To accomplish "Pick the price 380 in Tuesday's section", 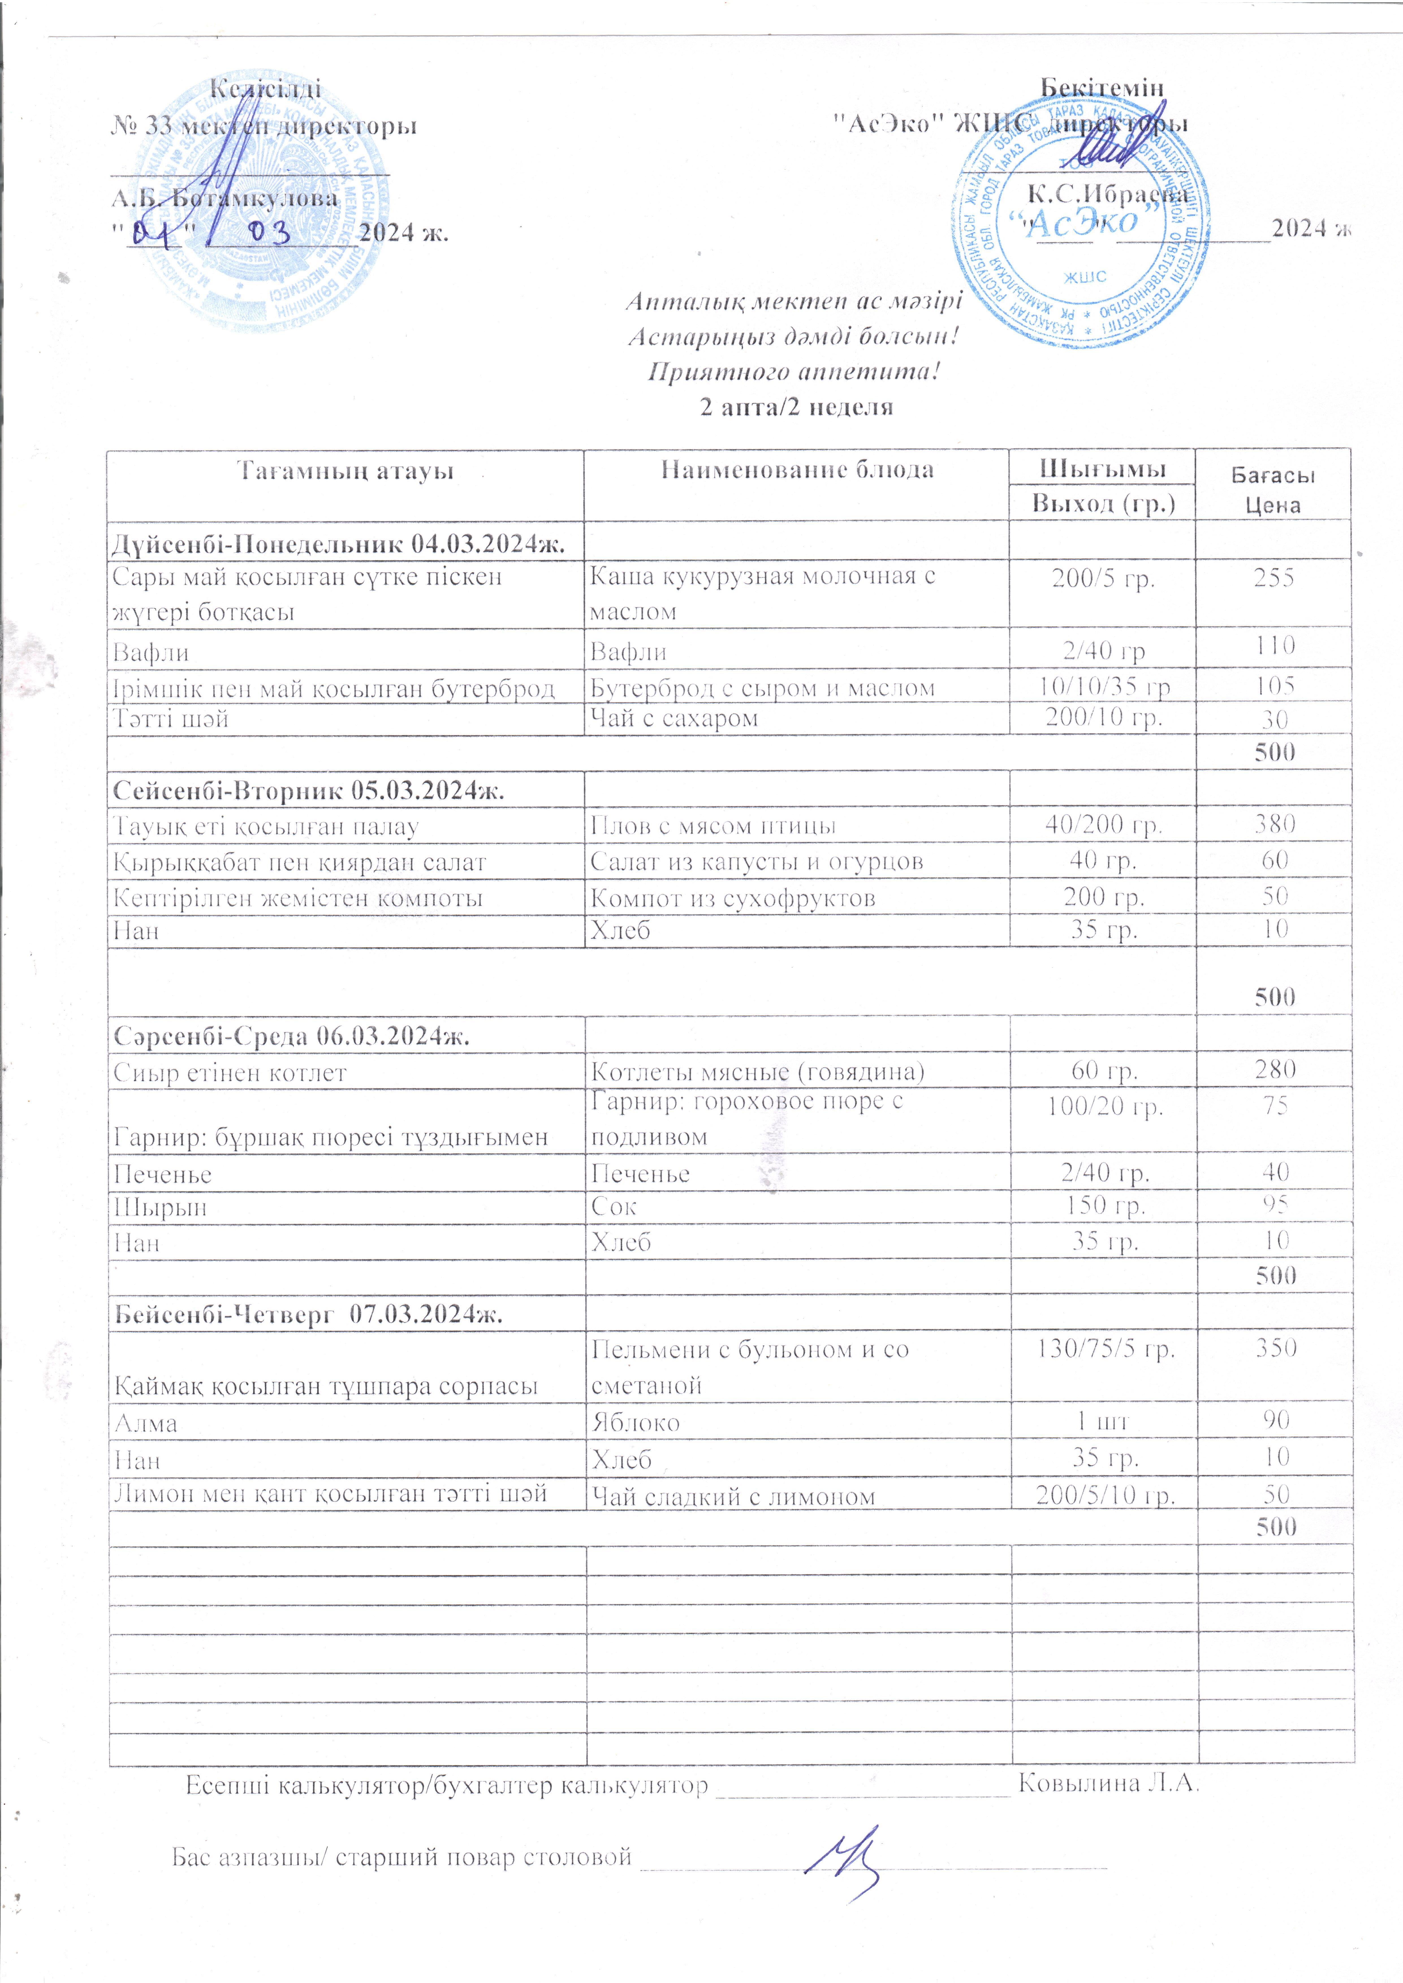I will point(1274,824).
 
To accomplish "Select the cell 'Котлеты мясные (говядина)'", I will point(757,1072).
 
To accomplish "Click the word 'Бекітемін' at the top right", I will point(1102,88).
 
